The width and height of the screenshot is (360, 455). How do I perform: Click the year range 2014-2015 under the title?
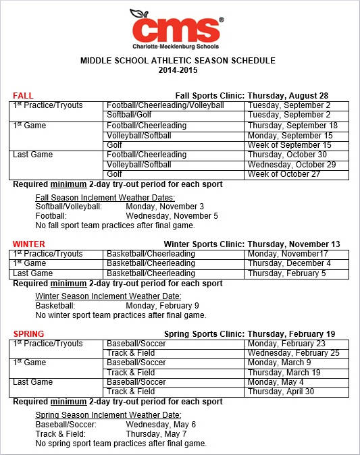178,70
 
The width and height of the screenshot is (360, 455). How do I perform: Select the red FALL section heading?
23,96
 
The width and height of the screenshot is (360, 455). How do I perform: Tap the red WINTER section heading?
29,244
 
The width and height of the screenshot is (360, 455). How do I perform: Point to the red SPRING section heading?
28,334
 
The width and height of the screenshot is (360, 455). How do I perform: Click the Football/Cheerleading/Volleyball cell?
165,106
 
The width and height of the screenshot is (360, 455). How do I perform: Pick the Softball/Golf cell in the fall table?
130,115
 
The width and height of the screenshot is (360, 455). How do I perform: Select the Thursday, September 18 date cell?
292,126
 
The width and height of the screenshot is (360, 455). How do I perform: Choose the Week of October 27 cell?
289,174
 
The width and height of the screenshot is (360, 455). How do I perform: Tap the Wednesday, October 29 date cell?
292,165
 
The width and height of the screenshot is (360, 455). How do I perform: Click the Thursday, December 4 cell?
289,263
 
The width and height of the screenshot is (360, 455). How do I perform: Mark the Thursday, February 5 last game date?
286,273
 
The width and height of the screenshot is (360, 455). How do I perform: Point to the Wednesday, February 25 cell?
294,353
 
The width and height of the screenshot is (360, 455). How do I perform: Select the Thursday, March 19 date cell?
284,373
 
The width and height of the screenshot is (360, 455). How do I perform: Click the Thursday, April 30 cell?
281,392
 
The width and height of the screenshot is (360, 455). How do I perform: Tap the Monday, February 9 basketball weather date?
162,305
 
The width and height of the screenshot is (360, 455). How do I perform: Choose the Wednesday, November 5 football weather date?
172,216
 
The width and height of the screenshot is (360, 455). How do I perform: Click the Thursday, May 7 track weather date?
156,434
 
